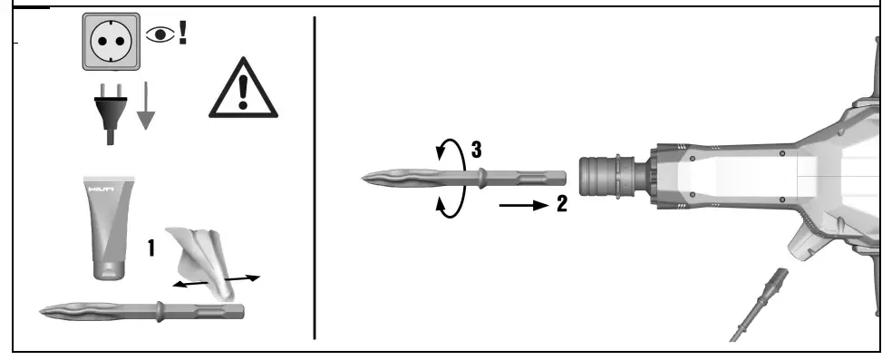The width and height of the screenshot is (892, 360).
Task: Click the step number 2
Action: point(562,205)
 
